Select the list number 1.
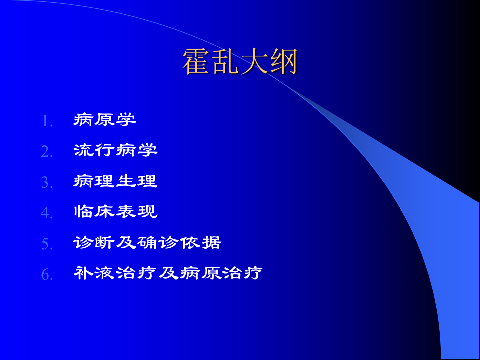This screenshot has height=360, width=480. pyautogui.click(x=47, y=121)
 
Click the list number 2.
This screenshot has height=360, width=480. pyautogui.click(x=47, y=152)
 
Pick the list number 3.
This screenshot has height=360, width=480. pyautogui.click(x=47, y=183)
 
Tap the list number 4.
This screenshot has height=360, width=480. pyautogui.click(x=47, y=213)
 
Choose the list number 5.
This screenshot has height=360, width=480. pyautogui.click(x=47, y=244)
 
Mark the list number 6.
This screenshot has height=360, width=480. pyautogui.click(x=47, y=275)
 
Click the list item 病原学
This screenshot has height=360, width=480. pyautogui.click(x=105, y=120)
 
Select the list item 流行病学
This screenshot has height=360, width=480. pyautogui.click(x=115, y=150)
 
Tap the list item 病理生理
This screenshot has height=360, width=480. pyautogui.click(x=115, y=181)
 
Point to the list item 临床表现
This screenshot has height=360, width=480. pyautogui.click(x=115, y=212)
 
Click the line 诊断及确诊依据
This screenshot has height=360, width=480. pyautogui.click(x=147, y=243)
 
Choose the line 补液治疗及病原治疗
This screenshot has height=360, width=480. pyautogui.click(x=168, y=273)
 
